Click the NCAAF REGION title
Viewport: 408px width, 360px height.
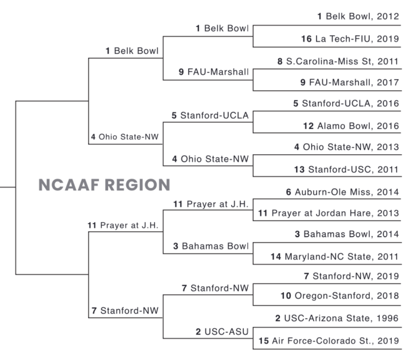(x=104, y=185)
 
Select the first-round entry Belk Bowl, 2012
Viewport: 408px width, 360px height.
(x=358, y=16)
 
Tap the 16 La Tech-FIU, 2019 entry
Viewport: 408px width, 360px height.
(x=350, y=39)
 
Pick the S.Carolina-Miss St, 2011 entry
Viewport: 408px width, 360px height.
(x=338, y=61)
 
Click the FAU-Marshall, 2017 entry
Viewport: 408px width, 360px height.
(x=349, y=82)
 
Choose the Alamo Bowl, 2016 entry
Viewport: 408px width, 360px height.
(x=351, y=126)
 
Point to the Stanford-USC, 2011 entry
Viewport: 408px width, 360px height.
(x=347, y=170)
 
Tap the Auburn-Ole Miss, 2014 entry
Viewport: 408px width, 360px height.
(x=343, y=192)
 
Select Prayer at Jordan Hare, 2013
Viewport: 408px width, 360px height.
(x=328, y=213)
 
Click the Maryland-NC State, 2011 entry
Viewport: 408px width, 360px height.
(x=335, y=257)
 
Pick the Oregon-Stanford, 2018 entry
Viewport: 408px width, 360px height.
(x=340, y=296)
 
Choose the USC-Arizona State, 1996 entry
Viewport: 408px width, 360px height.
(x=337, y=318)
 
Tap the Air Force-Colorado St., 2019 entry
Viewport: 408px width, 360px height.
(x=328, y=341)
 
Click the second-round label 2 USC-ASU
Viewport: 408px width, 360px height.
(x=222, y=332)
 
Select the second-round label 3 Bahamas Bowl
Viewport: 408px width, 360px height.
(x=211, y=246)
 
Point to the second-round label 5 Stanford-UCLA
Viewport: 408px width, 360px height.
(x=210, y=116)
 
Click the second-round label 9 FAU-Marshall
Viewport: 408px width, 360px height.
(x=214, y=72)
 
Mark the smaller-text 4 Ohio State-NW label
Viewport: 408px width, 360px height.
(x=124, y=137)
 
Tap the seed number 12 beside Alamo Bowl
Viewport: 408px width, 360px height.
(x=308, y=126)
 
